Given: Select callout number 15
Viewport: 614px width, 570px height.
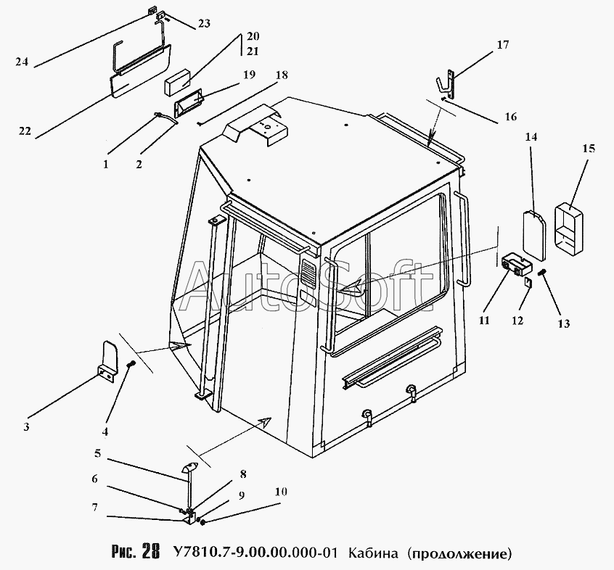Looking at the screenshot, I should coord(588,149).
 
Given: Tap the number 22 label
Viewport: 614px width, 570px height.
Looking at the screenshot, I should coord(25,131).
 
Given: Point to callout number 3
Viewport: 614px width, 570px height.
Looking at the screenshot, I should coord(26,426).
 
